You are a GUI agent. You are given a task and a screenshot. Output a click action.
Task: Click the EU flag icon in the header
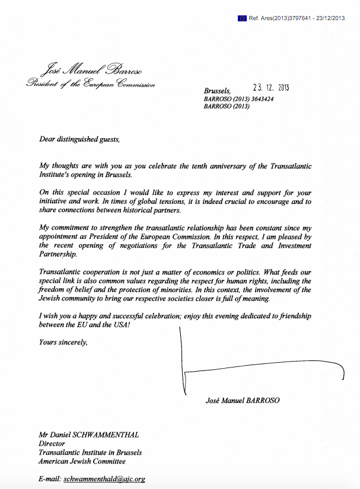242,18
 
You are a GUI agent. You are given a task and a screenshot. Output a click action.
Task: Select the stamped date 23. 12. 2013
270,88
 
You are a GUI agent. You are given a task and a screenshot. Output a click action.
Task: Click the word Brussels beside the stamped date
216,91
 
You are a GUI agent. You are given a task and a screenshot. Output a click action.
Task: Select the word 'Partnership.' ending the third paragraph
61,254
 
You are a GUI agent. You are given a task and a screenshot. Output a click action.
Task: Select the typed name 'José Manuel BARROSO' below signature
241,401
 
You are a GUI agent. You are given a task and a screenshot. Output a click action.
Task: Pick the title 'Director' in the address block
52,443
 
